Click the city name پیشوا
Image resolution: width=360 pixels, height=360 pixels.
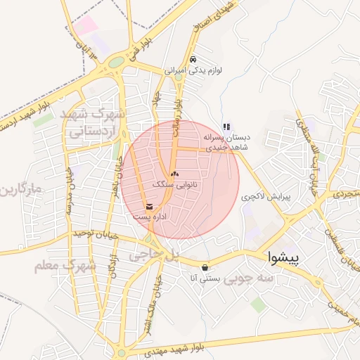pos(284,259)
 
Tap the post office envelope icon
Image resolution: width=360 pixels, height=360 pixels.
pos(149,207)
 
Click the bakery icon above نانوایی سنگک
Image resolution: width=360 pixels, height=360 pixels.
pos(174,173)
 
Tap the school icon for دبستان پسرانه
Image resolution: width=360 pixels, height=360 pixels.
pos(226,127)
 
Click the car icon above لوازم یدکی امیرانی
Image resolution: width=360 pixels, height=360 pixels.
pos(194,60)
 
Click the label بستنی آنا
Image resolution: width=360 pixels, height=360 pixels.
pos(205,278)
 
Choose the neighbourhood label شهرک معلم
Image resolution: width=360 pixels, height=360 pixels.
pos(64,265)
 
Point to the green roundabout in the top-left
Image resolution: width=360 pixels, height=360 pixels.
pos(115,63)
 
